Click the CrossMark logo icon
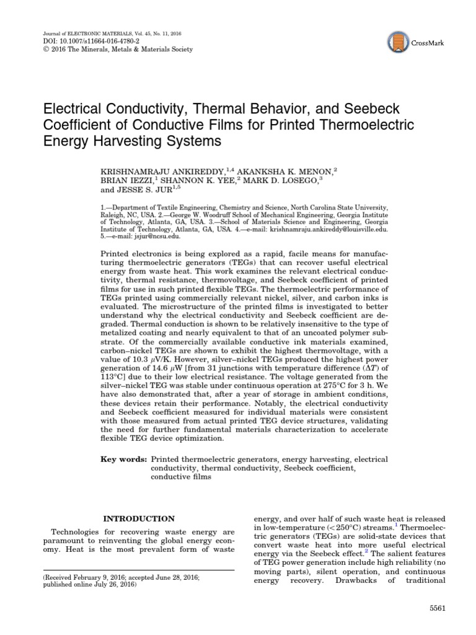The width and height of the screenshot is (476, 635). [x=400, y=42]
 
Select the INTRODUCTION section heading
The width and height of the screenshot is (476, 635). [x=139, y=518]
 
